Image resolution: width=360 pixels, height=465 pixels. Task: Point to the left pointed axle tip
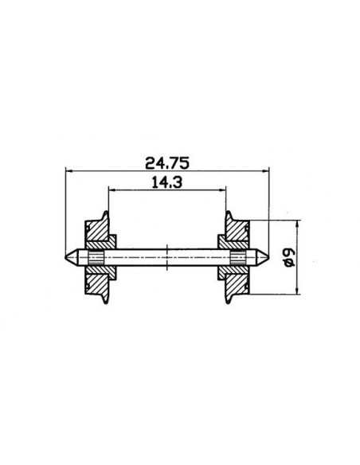point(68,258)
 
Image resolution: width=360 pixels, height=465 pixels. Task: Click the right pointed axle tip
point(268,258)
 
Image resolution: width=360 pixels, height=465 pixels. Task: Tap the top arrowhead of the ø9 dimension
point(298,224)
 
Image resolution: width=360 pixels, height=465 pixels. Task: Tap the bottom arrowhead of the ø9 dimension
point(298,291)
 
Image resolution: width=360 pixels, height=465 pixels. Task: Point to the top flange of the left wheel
point(105,215)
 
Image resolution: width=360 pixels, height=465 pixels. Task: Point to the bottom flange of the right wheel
point(231,302)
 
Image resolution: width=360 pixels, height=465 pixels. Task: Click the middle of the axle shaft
point(168,258)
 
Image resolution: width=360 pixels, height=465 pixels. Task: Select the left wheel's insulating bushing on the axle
point(96,258)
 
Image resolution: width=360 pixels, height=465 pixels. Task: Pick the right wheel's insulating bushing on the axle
point(239,258)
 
